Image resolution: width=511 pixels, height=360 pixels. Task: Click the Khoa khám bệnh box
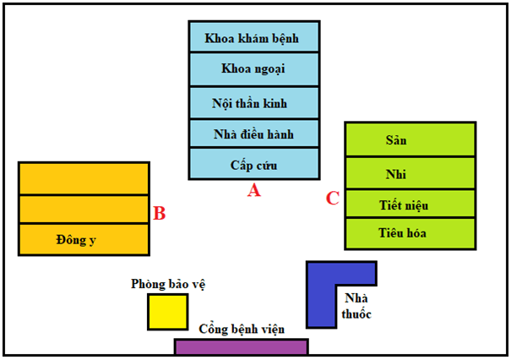click(x=253, y=37)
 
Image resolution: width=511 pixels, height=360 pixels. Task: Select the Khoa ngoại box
click(x=253, y=68)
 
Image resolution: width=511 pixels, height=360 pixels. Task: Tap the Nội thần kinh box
click(x=253, y=102)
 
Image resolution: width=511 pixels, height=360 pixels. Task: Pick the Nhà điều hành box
click(x=253, y=134)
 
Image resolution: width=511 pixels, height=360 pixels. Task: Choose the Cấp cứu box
click(x=253, y=164)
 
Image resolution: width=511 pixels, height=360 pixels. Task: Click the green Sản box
click(x=409, y=139)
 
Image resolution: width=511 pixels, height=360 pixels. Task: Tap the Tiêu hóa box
click(x=409, y=233)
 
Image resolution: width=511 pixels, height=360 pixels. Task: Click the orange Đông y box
click(x=84, y=239)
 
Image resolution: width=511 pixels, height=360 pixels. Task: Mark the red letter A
click(x=253, y=191)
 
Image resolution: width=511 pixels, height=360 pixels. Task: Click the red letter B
click(x=160, y=213)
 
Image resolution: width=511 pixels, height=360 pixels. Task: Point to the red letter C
click(x=332, y=199)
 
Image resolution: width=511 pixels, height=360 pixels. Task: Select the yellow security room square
click(x=167, y=312)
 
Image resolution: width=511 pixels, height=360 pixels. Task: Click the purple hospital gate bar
click(x=241, y=346)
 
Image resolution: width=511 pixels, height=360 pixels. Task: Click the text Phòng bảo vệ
click(x=169, y=284)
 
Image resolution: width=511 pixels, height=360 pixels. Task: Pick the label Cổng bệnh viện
click(x=242, y=329)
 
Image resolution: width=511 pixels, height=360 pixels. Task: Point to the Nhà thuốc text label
click(x=357, y=306)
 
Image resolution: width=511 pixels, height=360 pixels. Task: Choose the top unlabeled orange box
click(x=84, y=178)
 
